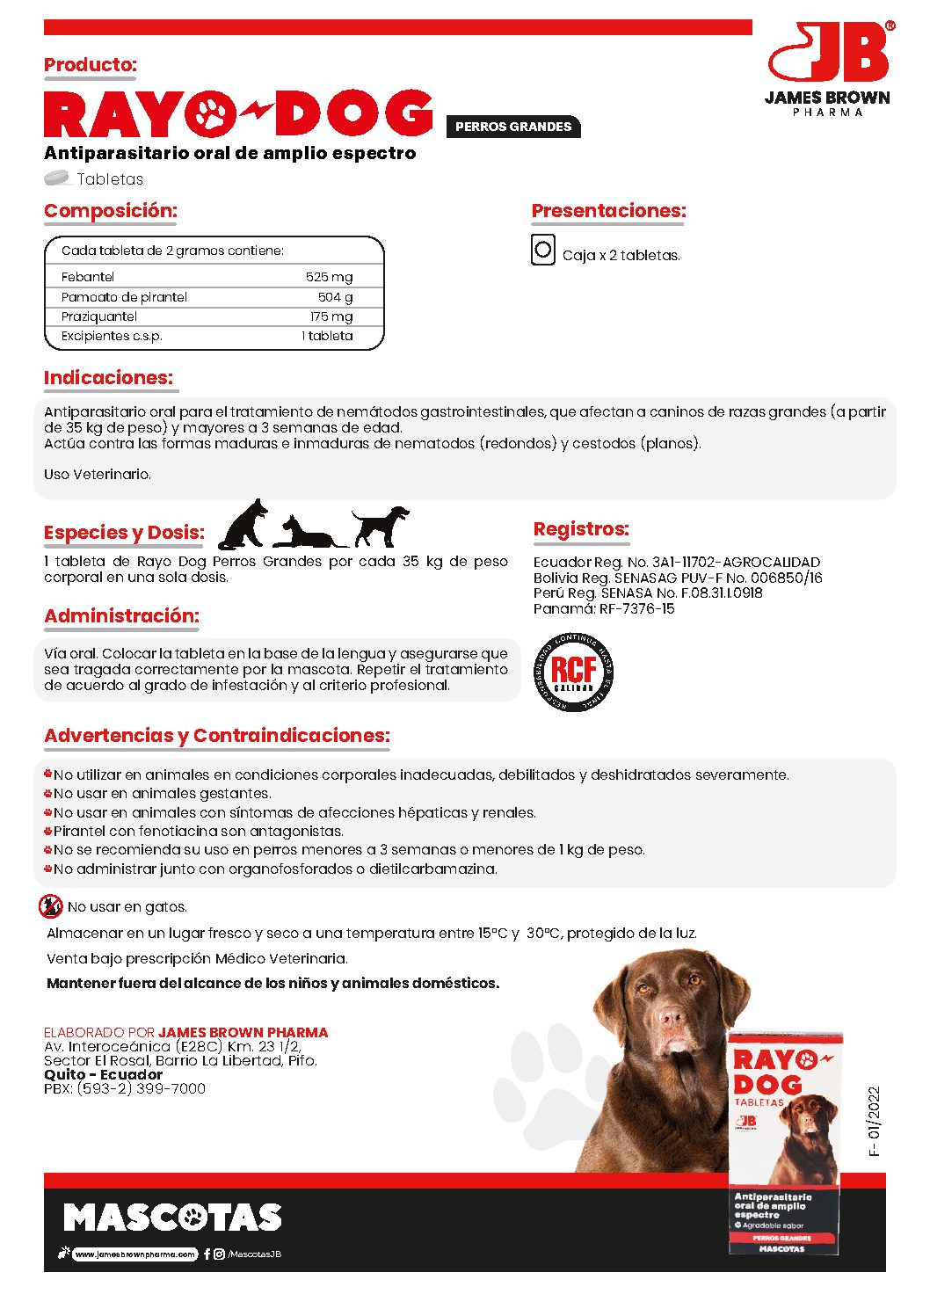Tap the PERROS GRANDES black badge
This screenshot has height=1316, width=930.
coord(513,127)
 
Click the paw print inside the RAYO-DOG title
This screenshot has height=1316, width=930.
coord(211,113)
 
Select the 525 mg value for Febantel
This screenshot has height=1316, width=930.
coord(329,277)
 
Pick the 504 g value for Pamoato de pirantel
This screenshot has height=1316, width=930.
coord(335,297)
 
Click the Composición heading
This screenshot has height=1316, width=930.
coord(111,211)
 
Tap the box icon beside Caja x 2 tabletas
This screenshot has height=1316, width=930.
coord(543,251)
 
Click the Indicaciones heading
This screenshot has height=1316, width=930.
coord(109,378)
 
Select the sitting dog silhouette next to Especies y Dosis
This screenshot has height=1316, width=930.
coord(243,526)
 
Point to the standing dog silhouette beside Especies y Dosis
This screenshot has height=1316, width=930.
coord(381,525)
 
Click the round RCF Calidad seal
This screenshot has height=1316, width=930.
coord(574,673)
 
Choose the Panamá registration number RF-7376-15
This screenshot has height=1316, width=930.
coord(636,608)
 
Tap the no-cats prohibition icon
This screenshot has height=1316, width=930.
coord(51,905)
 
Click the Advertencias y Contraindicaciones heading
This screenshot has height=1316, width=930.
coord(217,736)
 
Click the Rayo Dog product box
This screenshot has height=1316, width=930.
coord(784,1143)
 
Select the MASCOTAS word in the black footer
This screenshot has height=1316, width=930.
coord(172,1218)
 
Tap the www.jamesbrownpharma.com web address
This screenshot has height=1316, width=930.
coord(134,1254)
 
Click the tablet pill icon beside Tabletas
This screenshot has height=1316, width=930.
coord(57,178)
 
